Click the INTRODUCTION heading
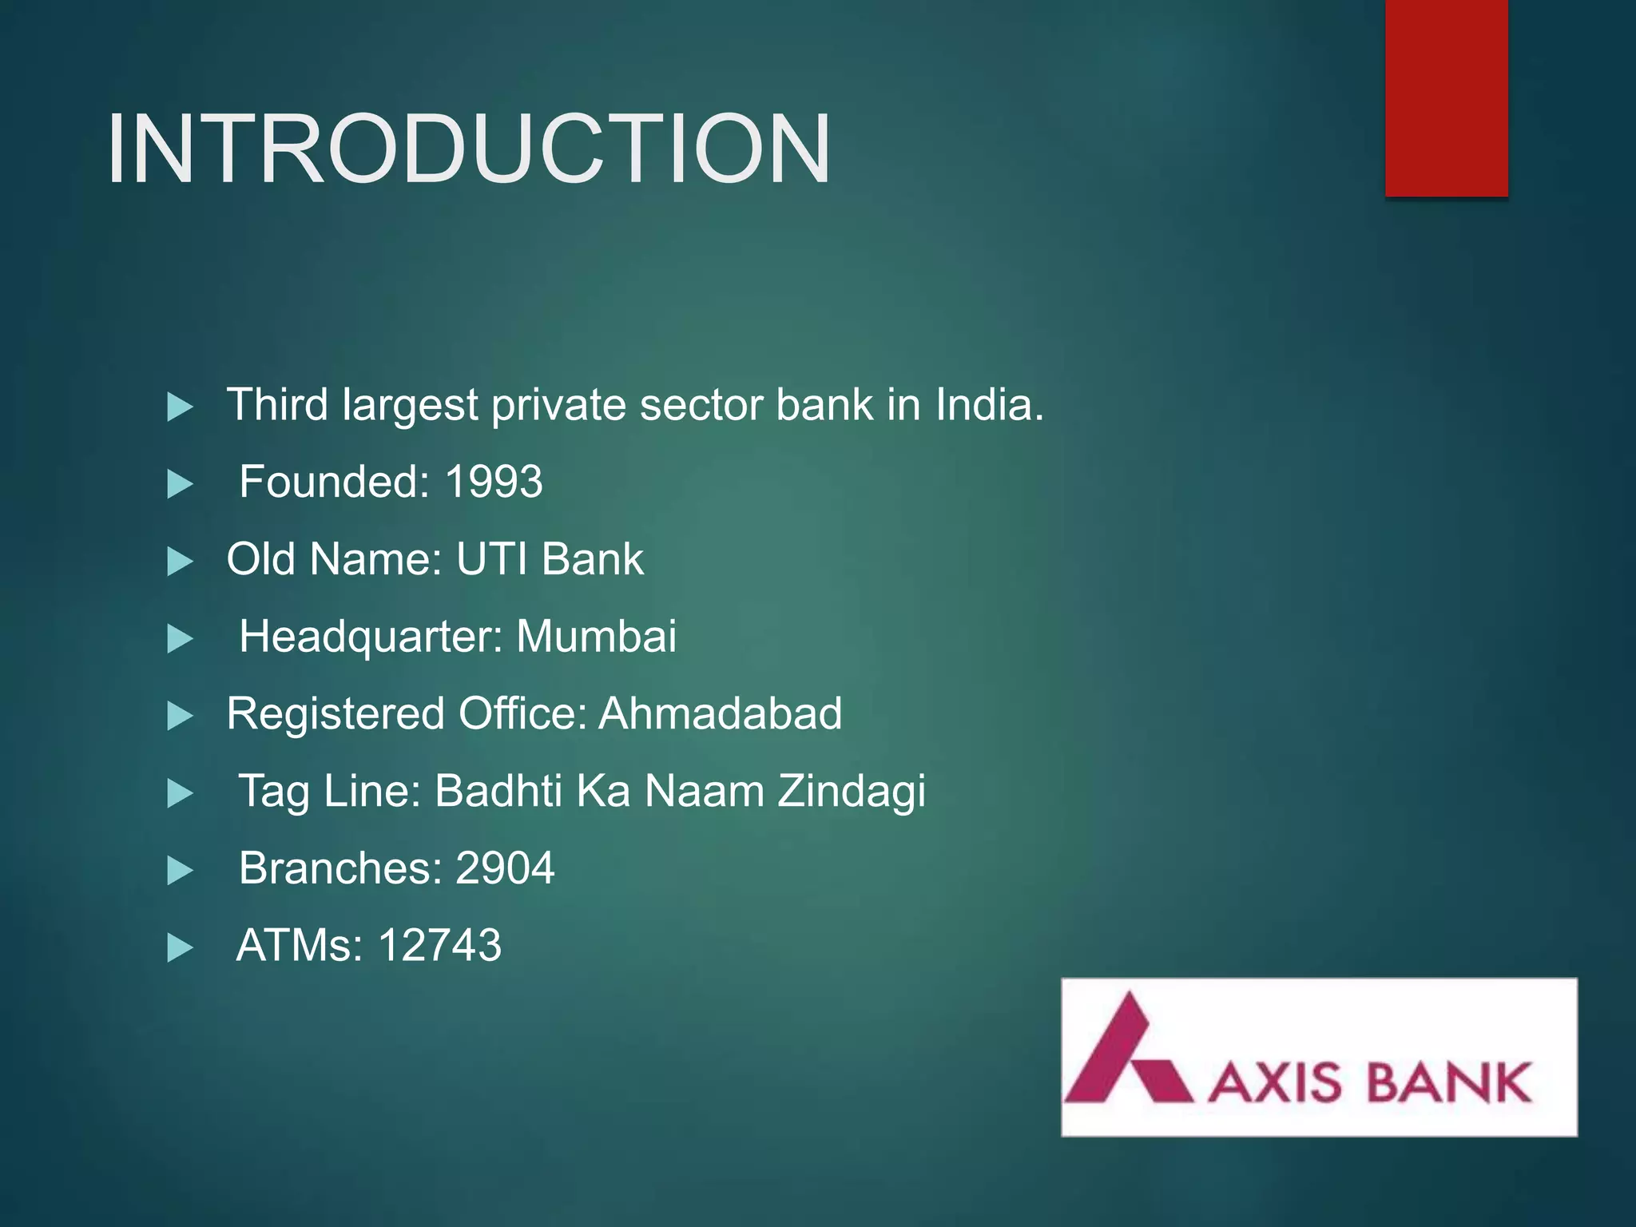click(x=470, y=149)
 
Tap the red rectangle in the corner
click(x=1446, y=97)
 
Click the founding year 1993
click(x=494, y=482)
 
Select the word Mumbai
click(x=596, y=637)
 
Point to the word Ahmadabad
click(x=720, y=713)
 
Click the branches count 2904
click(x=504, y=868)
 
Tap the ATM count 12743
click(x=439, y=945)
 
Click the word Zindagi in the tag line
click(x=852, y=791)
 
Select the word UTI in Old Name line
click(x=491, y=559)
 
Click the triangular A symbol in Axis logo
click(x=1127, y=1050)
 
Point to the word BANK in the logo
click(x=1447, y=1083)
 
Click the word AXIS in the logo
click(x=1275, y=1083)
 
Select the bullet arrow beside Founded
click(x=180, y=484)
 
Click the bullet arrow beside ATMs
click(x=180, y=948)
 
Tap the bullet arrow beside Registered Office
click(x=180, y=716)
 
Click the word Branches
click(x=340, y=868)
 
